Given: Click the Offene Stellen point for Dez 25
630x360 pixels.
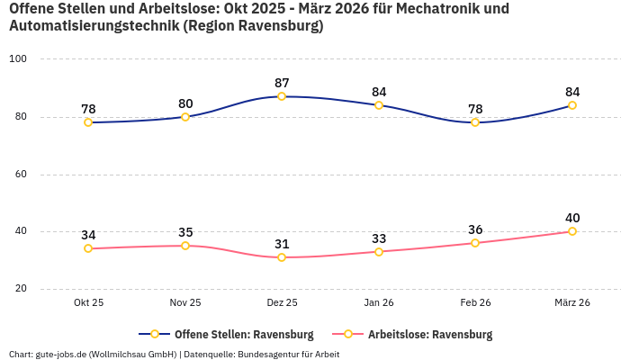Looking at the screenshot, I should click(282, 96).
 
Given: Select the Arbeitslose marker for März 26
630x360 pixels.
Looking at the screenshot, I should click(572, 231).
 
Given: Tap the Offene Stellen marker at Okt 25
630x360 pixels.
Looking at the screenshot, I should click(88, 122).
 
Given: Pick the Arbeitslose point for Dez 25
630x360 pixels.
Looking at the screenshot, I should click(282, 257).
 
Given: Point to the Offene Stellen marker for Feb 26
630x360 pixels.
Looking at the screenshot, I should click(475, 122).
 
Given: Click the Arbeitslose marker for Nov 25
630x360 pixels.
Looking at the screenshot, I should click(185, 246).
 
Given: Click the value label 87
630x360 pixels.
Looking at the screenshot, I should click(282, 83).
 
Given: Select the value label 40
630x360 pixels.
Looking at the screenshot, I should click(572, 218).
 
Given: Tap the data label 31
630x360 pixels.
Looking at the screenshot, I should click(282, 244).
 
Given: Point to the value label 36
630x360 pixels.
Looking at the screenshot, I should click(475, 229).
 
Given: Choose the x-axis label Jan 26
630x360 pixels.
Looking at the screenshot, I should click(379, 303).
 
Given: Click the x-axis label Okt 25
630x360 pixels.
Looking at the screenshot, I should click(88, 303).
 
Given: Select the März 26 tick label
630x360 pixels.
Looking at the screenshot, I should click(572, 303).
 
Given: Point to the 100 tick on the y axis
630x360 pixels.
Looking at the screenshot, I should click(18, 59).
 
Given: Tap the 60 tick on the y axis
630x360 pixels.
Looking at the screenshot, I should click(21, 174).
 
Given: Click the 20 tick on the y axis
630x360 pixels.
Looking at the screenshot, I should click(21, 289).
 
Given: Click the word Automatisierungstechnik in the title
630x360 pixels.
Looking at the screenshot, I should click(93, 26).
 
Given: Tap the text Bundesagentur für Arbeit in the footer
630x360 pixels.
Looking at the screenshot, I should click(288, 354).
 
